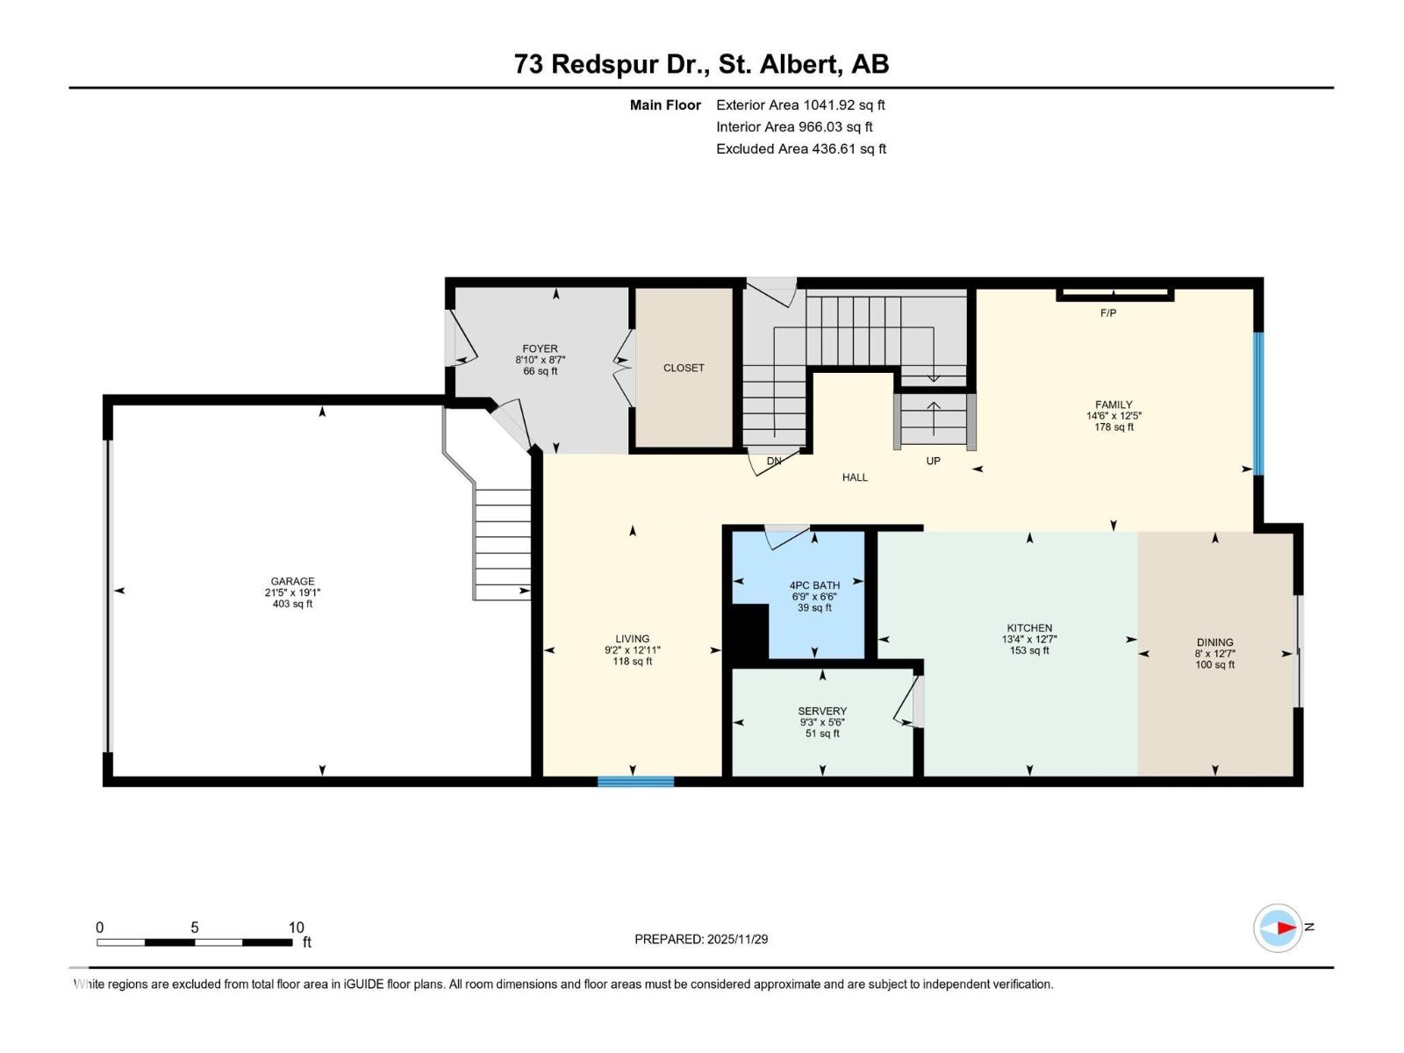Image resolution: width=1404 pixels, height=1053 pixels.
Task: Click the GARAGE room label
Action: coord(292,581)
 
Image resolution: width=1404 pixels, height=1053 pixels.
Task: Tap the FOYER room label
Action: coord(540,348)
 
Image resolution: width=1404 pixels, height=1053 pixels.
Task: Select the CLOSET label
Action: coord(684,368)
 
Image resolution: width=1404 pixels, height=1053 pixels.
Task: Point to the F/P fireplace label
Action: coord(1108,313)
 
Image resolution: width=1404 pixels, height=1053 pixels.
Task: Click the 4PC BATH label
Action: coord(814,585)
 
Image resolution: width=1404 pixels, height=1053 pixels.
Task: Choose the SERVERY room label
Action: coord(822,711)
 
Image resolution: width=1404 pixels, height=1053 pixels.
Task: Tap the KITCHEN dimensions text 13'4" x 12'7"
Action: coord(1029,640)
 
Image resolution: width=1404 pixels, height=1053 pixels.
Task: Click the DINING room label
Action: coord(1214,642)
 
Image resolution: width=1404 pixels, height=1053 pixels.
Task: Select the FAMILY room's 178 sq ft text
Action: coord(1114,427)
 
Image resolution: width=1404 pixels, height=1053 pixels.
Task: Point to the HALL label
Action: coord(855,477)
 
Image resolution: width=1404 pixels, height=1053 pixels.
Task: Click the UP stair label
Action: coord(933,461)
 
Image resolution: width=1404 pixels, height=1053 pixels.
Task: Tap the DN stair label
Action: coord(774,461)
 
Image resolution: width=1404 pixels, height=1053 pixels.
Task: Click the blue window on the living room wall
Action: coord(635,781)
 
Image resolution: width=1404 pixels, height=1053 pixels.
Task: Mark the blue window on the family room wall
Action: coord(1257,404)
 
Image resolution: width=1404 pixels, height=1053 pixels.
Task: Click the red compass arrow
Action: coord(1286,928)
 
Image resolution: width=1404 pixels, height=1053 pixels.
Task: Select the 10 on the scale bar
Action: coord(297,928)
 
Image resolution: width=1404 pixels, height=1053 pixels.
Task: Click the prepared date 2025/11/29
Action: coord(737,939)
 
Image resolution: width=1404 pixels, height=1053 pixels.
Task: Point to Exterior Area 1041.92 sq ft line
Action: coord(800,104)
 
